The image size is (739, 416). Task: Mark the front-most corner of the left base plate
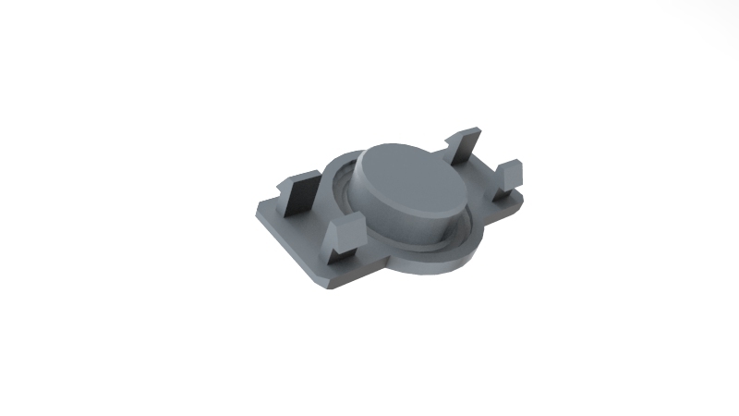(x=322, y=282)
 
